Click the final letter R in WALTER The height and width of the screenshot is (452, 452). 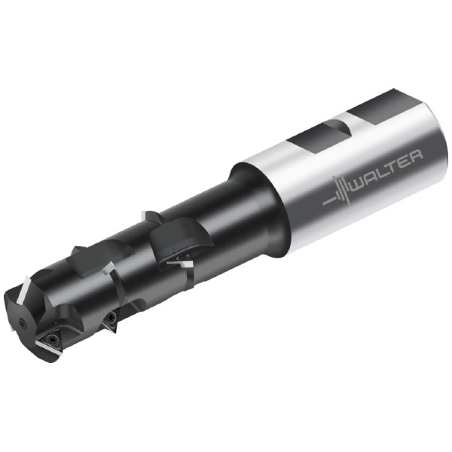418,151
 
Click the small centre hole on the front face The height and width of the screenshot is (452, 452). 21,322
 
